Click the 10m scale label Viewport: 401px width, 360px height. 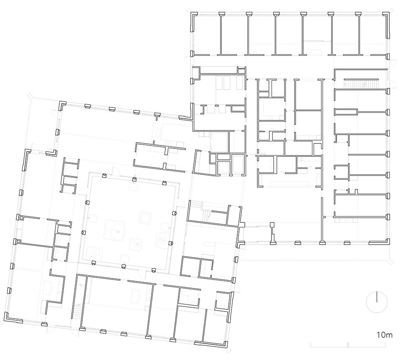pyautogui.click(x=384, y=334)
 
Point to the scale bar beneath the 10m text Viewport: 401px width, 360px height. pyautogui.click(x=348, y=345)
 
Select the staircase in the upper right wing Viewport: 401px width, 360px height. pyautogui.click(x=360, y=84)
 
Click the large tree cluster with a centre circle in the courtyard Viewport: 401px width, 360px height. pyautogui.click(x=115, y=229)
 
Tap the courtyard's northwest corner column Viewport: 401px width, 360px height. pyautogui.click(x=104, y=175)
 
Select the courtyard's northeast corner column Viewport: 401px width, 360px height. pyautogui.click(x=165, y=183)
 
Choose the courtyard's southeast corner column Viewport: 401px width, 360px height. pyautogui.click(x=154, y=270)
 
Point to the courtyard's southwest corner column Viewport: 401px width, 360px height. pyautogui.click(x=94, y=263)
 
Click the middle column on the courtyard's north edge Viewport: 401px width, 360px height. pyautogui.click(x=134, y=179)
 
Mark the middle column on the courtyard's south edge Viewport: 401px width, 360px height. pyautogui.click(x=124, y=266)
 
